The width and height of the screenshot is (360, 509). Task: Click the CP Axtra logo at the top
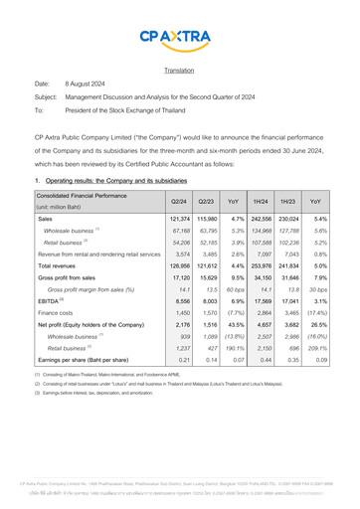(179, 39)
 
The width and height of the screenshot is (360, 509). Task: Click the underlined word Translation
(179, 72)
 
